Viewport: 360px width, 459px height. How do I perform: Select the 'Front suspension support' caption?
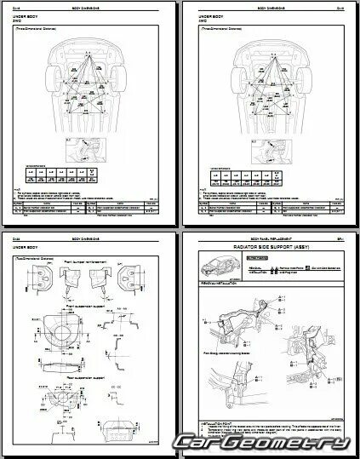90,300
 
